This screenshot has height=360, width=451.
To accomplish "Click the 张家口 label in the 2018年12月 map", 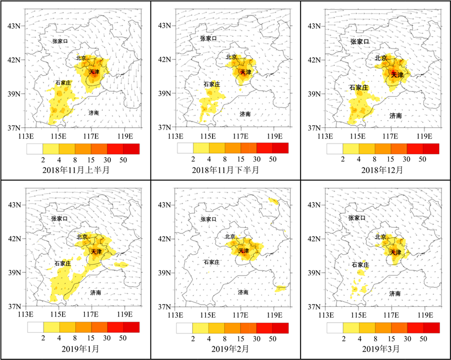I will pos(359,41).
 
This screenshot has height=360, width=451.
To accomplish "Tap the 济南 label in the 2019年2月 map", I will pos(244,292).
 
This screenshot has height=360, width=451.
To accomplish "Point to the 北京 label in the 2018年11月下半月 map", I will pos(231,57).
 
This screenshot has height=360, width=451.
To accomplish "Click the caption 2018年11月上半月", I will pos(75,170).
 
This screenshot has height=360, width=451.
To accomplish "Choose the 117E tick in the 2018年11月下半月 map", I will pos(241,136).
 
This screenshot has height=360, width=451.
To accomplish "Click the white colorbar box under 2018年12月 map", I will pos(335,149).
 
